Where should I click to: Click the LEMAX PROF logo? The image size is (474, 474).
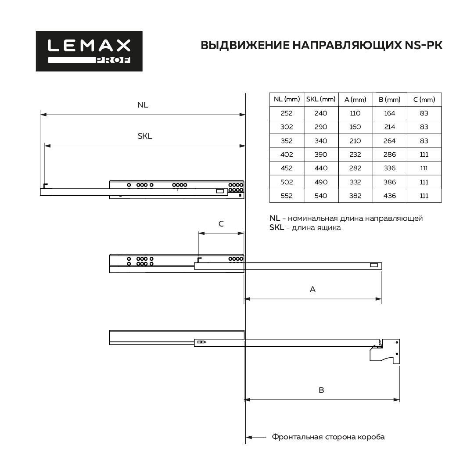89,51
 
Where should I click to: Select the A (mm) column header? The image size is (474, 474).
355,100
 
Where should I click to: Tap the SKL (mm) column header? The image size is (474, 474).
320,100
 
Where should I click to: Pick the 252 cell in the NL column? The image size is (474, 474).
286,113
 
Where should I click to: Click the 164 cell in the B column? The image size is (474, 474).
389,113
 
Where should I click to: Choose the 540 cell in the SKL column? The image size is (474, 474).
320,196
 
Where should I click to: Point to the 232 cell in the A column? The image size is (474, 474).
355,154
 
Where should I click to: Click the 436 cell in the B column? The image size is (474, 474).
389,196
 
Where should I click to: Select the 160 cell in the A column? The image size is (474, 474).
355,127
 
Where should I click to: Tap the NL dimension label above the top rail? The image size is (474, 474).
143,105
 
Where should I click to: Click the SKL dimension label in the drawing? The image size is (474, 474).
144,136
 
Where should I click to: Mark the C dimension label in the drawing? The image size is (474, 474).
221,224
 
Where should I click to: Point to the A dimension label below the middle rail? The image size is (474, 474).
312,289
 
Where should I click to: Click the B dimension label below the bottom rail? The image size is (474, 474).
321,390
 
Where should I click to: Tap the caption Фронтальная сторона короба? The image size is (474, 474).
328,437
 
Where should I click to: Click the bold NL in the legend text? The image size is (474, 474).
275,218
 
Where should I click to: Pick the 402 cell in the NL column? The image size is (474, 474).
286,154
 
